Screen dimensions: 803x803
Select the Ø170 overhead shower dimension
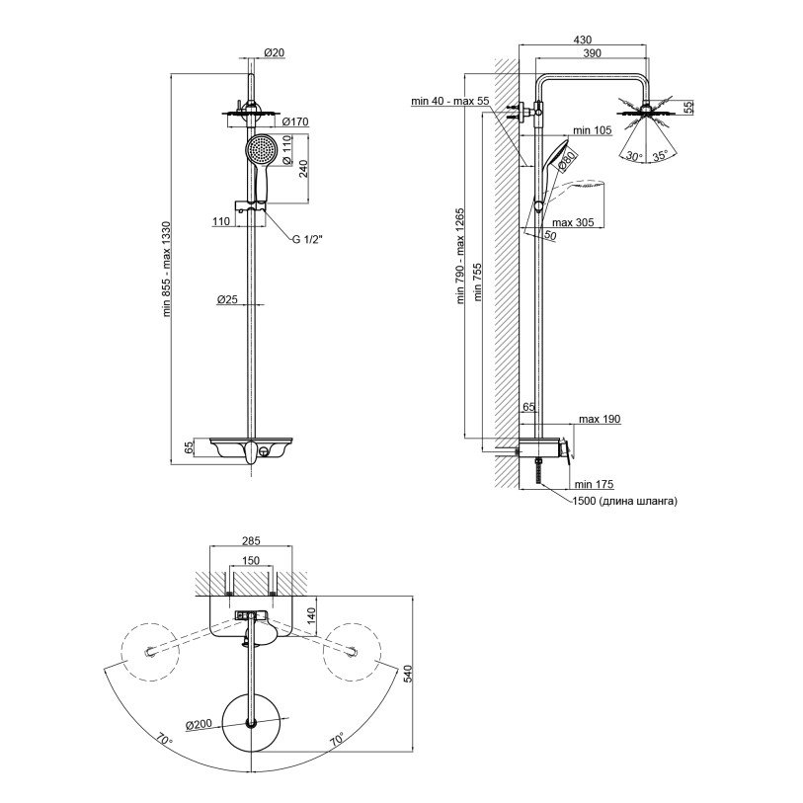296,122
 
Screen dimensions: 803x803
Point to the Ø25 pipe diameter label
230,298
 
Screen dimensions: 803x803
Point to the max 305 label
573,222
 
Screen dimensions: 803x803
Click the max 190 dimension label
600,420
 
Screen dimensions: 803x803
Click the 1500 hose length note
624,502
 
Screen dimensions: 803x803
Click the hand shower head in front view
259,153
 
